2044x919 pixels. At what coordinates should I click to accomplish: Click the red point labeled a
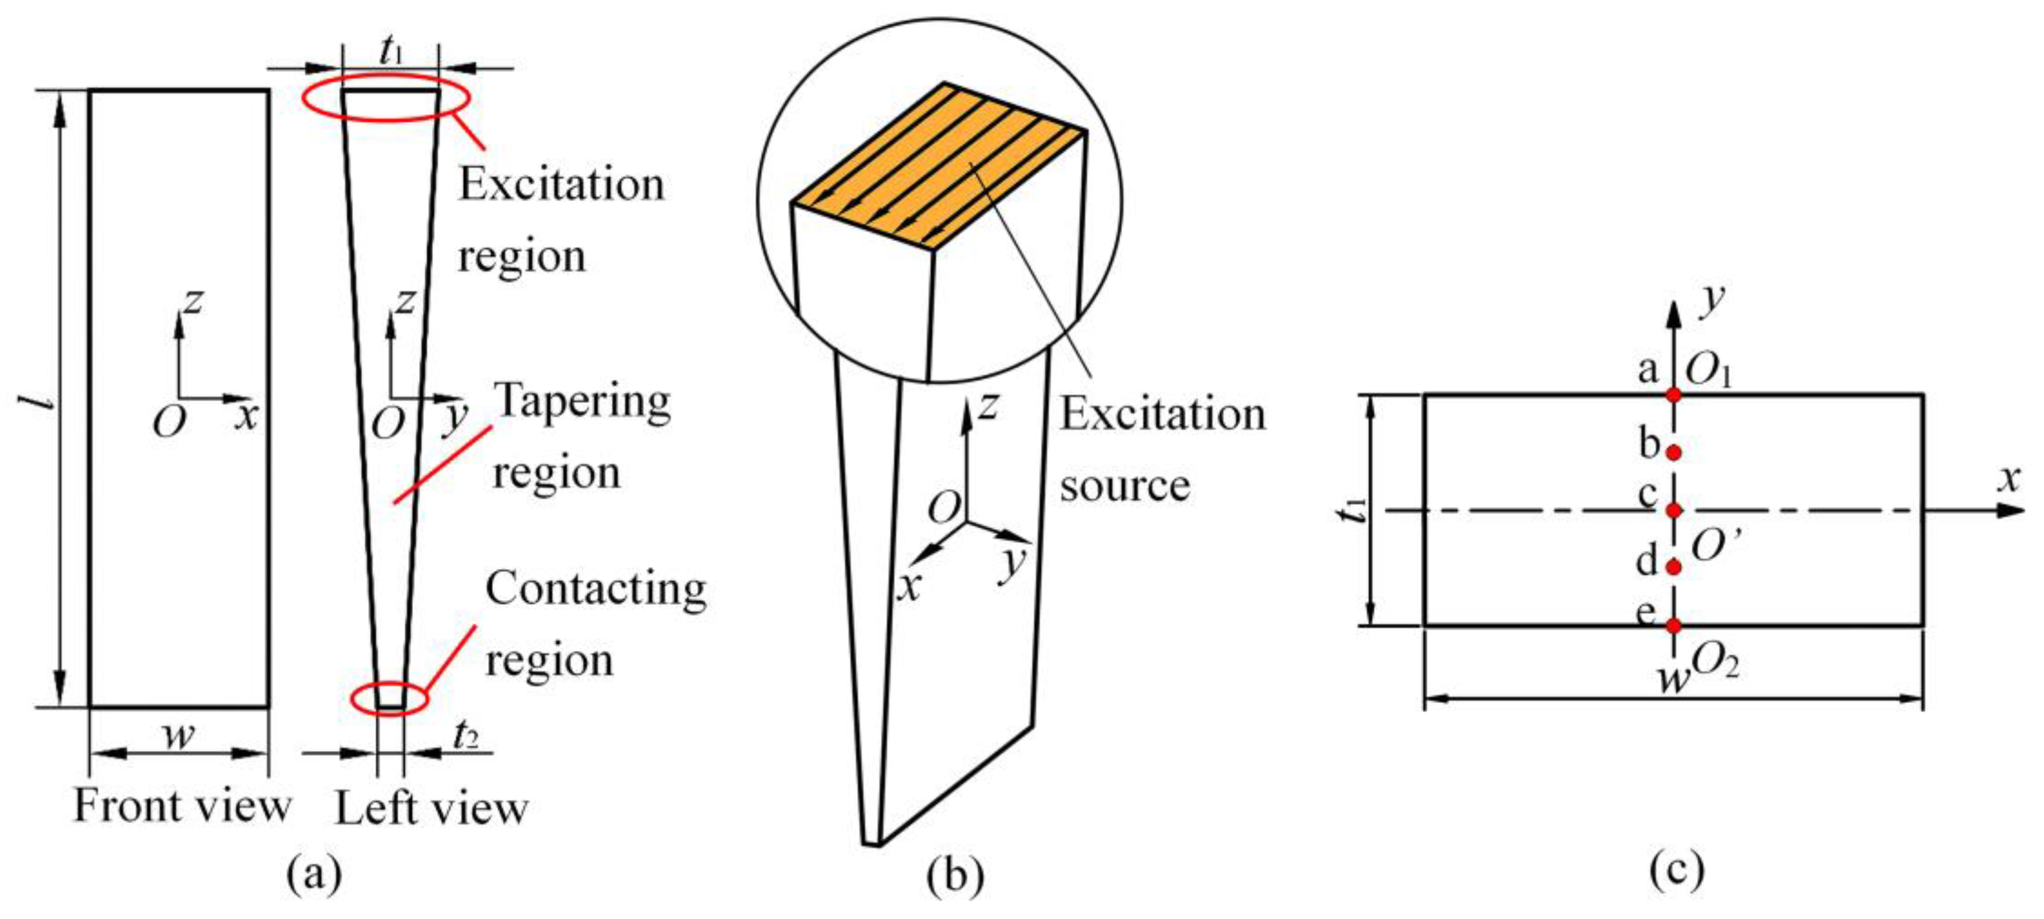[x=1673, y=394]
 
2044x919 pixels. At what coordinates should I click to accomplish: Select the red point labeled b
[x=1673, y=452]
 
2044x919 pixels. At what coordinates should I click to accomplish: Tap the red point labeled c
[x=1673, y=510]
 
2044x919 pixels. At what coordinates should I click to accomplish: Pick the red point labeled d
[x=1673, y=567]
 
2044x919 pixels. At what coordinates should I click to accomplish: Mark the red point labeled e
[x=1673, y=625]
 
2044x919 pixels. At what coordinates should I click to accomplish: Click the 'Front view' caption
[x=182, y=806]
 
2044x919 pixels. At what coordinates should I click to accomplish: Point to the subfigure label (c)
[x=1676, y=871]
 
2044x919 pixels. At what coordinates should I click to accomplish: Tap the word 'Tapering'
[x=583, y=401]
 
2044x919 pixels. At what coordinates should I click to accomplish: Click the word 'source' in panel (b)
[x=1125, y=486]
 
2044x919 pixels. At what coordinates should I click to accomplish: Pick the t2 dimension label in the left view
[x=466, y=737]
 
